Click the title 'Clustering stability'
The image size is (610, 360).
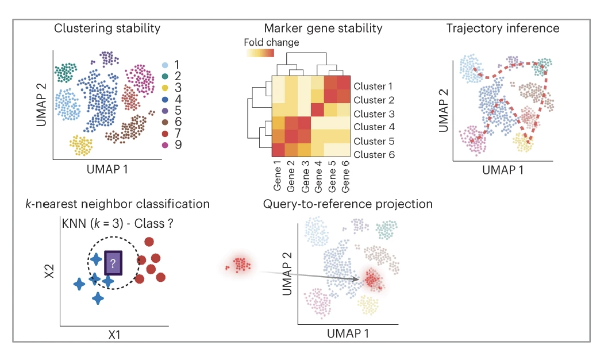click(107, 28)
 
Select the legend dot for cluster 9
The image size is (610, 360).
click(164, 145)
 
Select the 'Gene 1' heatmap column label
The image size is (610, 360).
click(278, 177)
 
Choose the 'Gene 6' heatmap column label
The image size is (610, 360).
click(345, 177)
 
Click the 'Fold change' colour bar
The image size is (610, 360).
click(259, 53)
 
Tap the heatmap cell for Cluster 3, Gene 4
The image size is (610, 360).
click(317, 109)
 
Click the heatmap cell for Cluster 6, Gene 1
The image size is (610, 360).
click(278, 150)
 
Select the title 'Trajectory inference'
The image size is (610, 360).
click(502, 28)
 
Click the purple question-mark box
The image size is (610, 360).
click(113, 263)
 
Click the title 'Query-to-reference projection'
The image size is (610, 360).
click(347, 204)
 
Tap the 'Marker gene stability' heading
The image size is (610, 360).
click(323, 28)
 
